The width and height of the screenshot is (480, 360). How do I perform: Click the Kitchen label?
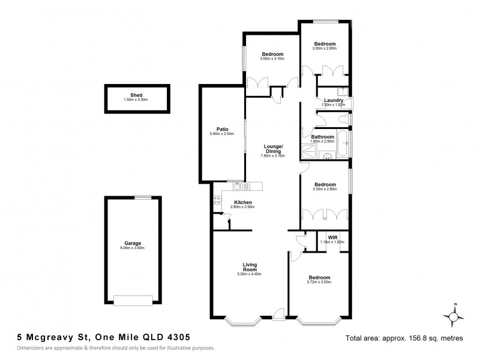(242, 202)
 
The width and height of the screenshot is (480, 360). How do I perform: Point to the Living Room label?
(250, 267)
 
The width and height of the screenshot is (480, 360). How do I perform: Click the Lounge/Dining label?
(272, 148)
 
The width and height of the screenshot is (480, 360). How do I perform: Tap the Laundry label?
(333, 100)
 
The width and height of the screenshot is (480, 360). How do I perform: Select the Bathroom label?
(322, 137)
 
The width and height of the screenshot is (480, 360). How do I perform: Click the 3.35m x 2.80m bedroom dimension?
(325, 189)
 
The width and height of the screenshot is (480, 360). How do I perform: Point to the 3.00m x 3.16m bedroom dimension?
(272, 59)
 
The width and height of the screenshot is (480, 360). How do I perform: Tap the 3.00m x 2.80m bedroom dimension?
(325, 48)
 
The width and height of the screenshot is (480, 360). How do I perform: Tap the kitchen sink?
(239, 186)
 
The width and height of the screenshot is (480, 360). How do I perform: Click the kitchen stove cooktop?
(216, 200)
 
